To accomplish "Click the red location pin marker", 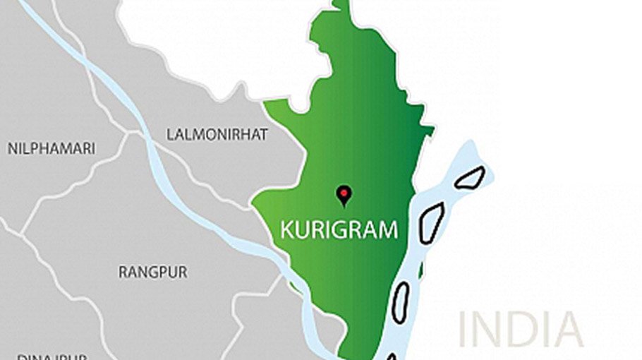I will pyautogui.click(x=344, y=193).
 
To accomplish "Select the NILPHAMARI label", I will pyautogui.click(x=52, y=149).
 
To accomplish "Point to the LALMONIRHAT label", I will pyautogui.click(x=217, y=134).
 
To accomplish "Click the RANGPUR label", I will pyautogui.click(x=153, y=272).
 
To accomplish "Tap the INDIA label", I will pyautogui.click(x=521, y=329).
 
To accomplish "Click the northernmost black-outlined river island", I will pyautogui.click(x=469, y=177).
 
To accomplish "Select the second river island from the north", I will pyautogui.click(x=431, y=222).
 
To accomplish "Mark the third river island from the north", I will pyautogui.click(x=400, y=302).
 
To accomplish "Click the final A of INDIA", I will pyautogui.click(x=568, y=329).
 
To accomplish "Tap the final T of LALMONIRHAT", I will pyautogui.click(x=264, y=135).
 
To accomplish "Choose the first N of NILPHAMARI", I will pyautogui.click(x=13, y=149).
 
